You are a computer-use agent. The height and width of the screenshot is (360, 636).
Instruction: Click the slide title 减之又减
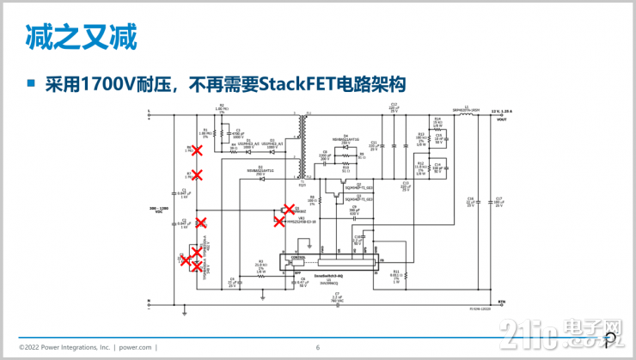[x=80, y=37]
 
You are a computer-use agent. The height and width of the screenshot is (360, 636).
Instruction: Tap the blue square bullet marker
[x=31, y=84]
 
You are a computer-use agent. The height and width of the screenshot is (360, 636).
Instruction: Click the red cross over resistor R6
[x=197, y=149]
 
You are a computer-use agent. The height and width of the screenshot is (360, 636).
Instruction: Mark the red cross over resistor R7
[x=197, y=174]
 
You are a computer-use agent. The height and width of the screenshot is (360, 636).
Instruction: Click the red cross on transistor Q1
[x=288, y=209]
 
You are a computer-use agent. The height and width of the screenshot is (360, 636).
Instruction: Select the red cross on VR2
[x=279, y=221]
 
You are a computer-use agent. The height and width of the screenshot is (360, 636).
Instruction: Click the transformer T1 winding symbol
[x=302, y=147]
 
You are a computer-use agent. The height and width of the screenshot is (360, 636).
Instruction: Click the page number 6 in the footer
[x=317, y=347]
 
